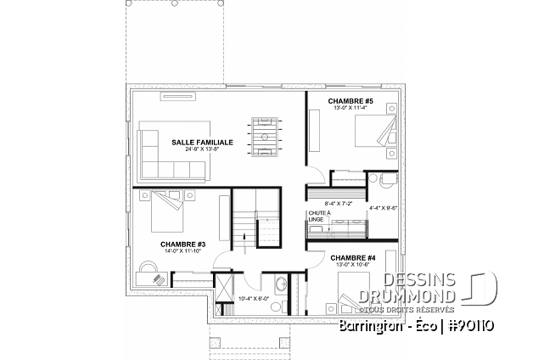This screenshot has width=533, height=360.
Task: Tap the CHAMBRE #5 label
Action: [346, 99]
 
